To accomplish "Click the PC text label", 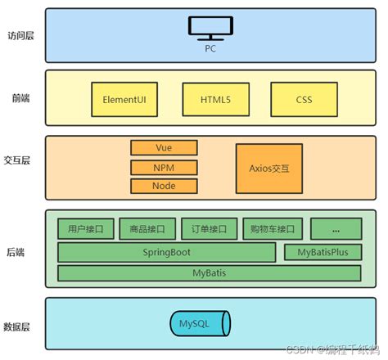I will pyautogui.click(x=210, y=47).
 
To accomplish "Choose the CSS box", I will pyautogui.click(x=304, y=99).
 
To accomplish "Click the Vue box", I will pyautogui.click(x=164, y=148).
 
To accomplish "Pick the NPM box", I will pyautogui.click(x=164, y=167).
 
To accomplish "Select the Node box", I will pyautogui.click(x=164, y=186).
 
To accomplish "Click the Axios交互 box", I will pyautogui.click(x=269, y=167).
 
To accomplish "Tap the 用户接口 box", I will pyautogui.click(x=84, y=228).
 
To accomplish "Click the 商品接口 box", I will pyautogui.click(x=147, y=228).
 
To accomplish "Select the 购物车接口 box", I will pyautogui.click(x=273, y=228).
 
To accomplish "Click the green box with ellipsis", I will pyautogui.click(x=336, y=228).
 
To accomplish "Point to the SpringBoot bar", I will pyautogui.click(x=168, y=251).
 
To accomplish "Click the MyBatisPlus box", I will pyautogui.click(x=323, y=251).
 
